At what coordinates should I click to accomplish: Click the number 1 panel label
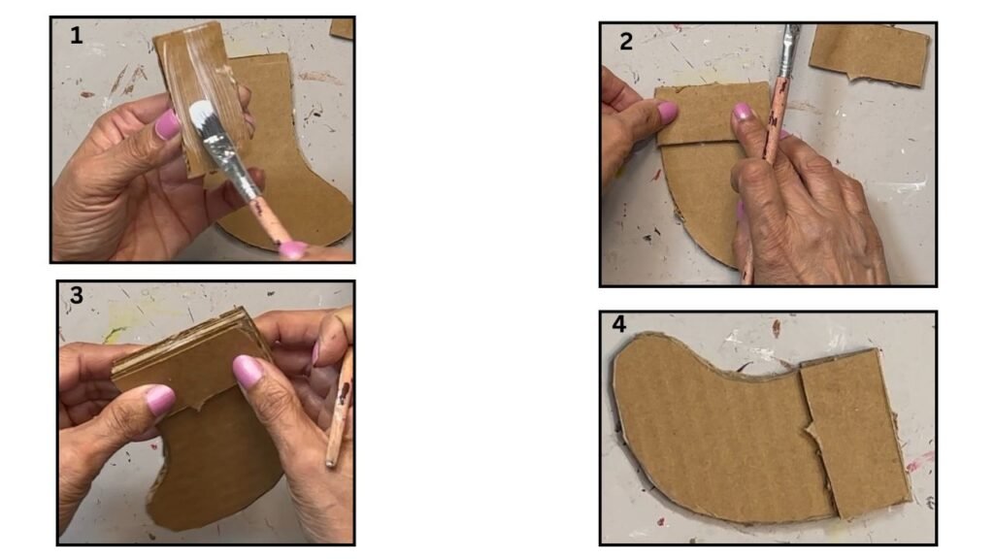76,36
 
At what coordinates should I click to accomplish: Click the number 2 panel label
626,42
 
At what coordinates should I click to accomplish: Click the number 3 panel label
76,295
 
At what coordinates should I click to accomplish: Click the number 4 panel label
618,324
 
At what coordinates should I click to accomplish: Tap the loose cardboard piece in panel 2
869,54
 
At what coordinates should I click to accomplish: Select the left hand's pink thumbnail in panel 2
667,113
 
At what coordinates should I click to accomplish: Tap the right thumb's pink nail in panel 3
248,371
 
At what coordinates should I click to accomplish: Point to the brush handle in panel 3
339,411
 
